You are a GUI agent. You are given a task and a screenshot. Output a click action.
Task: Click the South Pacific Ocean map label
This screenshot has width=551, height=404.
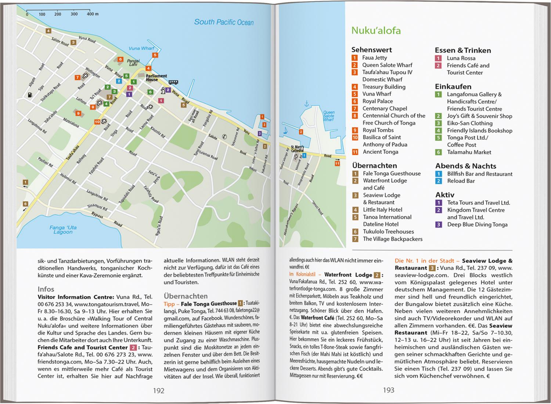point(224,22)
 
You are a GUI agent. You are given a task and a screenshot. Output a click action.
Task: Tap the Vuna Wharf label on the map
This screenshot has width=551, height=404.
point(141,48)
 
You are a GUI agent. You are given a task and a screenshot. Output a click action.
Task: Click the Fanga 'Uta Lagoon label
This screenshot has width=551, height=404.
point(63,230)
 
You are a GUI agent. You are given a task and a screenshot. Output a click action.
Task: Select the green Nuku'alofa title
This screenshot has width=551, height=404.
point(376,31)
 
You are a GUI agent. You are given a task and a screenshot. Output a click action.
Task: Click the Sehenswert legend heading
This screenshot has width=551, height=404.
point(371,50)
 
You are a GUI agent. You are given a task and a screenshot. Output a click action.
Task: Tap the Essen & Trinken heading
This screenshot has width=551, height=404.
point(462,50)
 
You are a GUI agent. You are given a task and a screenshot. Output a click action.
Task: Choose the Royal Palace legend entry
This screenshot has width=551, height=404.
point(377,101)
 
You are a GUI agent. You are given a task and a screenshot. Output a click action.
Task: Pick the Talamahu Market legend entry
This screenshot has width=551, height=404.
point(469,152)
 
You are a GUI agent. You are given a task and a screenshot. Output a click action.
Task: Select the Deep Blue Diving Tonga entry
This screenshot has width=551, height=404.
point(477,225)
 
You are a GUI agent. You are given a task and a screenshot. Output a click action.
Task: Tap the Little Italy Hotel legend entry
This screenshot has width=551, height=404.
point(382,210)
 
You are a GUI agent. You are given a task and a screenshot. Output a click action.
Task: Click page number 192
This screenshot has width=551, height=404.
point(159,390)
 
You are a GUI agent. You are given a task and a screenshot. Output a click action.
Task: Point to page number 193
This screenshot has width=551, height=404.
point(388,390)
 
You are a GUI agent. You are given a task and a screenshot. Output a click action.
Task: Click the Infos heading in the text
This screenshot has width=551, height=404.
point(46,289)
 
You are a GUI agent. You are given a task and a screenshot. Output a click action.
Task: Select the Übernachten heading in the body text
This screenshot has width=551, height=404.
point(186,296)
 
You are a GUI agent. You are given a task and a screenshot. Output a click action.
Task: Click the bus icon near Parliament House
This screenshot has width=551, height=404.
point(173,82)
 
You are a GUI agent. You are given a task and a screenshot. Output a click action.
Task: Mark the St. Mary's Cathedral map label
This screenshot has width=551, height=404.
point(297,149)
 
